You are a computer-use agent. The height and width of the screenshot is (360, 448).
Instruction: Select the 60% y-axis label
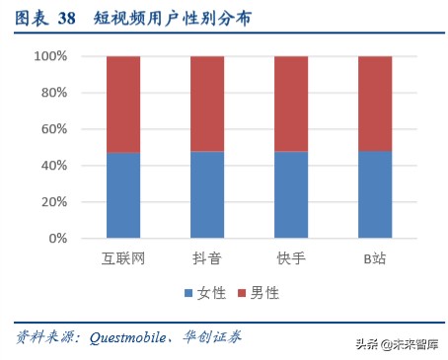click(x=52, y=129)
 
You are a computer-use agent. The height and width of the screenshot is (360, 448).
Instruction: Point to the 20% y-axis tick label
click(x=52, y=202)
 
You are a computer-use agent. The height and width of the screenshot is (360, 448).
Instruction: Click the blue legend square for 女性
click(x=187, y=294)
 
